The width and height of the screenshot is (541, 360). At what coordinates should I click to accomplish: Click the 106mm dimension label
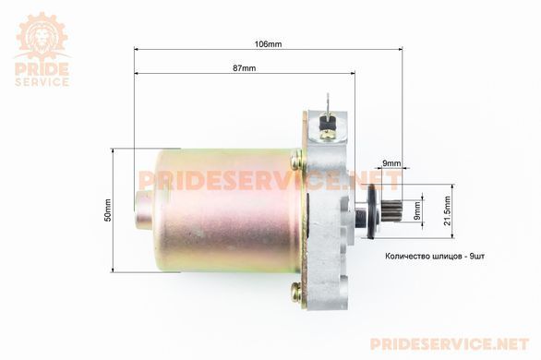[268, 44]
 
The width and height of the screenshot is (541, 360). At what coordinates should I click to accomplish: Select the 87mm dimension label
[245, 68]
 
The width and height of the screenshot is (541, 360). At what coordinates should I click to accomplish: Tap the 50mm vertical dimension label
[108, 210]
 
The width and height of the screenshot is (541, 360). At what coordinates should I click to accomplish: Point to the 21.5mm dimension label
[448, 210]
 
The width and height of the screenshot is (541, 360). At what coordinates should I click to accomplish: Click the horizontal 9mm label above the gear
[391, 163]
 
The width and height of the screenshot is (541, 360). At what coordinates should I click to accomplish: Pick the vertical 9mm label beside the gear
[417, 210]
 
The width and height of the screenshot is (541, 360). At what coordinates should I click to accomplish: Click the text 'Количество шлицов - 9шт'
[435, 257]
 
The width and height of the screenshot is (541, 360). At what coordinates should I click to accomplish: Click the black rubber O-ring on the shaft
[371, 211]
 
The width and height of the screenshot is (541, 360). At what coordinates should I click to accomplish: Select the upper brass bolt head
[296, 159]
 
